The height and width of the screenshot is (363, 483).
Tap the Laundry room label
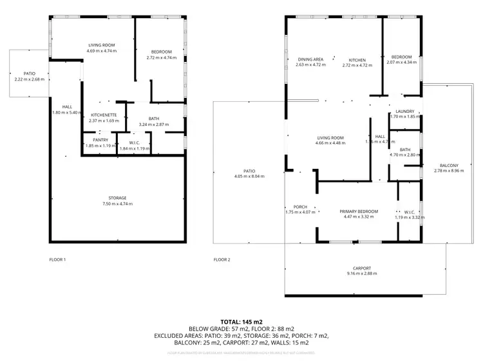(404, 112)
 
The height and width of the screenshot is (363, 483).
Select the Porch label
(296, 207)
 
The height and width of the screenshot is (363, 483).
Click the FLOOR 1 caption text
(58, 260)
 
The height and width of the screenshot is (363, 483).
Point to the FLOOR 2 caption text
(222, 260)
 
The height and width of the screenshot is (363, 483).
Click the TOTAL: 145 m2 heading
(241, 321)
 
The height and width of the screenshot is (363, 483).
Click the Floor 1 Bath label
(153, 118)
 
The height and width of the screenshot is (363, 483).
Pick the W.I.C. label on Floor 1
(135, 143)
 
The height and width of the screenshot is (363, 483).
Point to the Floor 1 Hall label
(67, 106)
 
